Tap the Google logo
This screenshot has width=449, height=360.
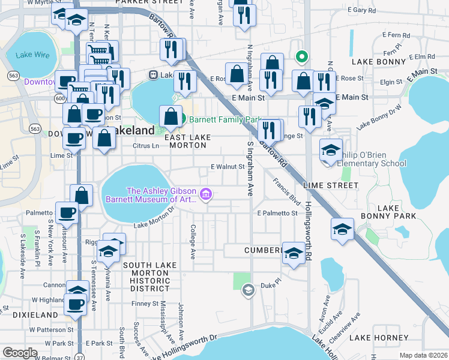coord(20,353)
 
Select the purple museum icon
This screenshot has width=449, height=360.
coord(206,194)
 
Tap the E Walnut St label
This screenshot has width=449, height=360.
coord(227,167)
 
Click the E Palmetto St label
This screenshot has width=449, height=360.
coord(277,213)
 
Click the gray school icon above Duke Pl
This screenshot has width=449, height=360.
coord(247,291)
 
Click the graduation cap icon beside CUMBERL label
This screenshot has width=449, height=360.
coord(294,253)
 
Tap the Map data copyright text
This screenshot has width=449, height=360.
coord(423,355)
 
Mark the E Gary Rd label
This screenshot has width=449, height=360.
coord(364,10)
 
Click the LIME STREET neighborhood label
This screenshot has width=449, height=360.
coord(330,185)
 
